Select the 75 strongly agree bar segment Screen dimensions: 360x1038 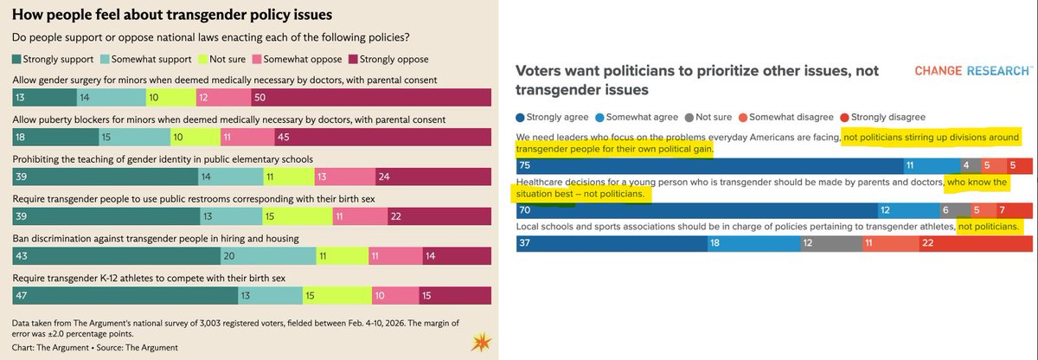[708, 165]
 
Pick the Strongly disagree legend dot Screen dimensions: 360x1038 [844, 116]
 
